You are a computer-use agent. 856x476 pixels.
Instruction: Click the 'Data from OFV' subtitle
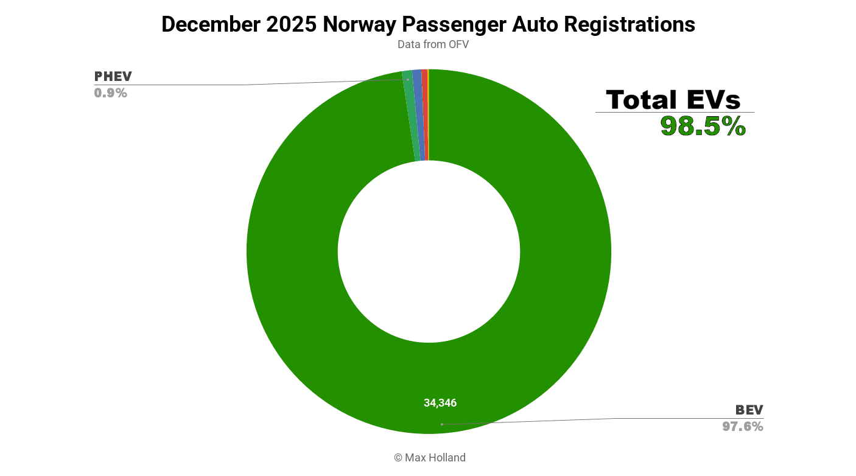tap(433, 44)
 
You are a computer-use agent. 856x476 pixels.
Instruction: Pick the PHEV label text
tap(113, 77)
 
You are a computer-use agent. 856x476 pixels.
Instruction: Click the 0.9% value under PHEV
tap(110, 93)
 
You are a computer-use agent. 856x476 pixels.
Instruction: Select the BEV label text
tap(749, 410)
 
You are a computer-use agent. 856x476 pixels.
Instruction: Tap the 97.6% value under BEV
tap(743, 427)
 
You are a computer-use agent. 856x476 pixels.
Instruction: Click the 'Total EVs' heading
tap(673, 100)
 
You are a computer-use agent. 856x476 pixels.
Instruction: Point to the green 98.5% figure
tap(703, 127)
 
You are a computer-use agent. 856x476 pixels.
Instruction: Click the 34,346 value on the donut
tap(440, 403)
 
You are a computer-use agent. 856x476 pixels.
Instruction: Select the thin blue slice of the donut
tap(418, 116)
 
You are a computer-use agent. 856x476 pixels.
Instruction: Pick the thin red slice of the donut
tap(425, 116)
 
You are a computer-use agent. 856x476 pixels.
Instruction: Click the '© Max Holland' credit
tap(429, 458)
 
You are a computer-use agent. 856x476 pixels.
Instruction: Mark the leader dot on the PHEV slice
tap(408, 80)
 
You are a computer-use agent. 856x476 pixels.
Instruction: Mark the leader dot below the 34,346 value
tap(442, 424)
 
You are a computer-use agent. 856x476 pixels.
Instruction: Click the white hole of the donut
tap(429, 251)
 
